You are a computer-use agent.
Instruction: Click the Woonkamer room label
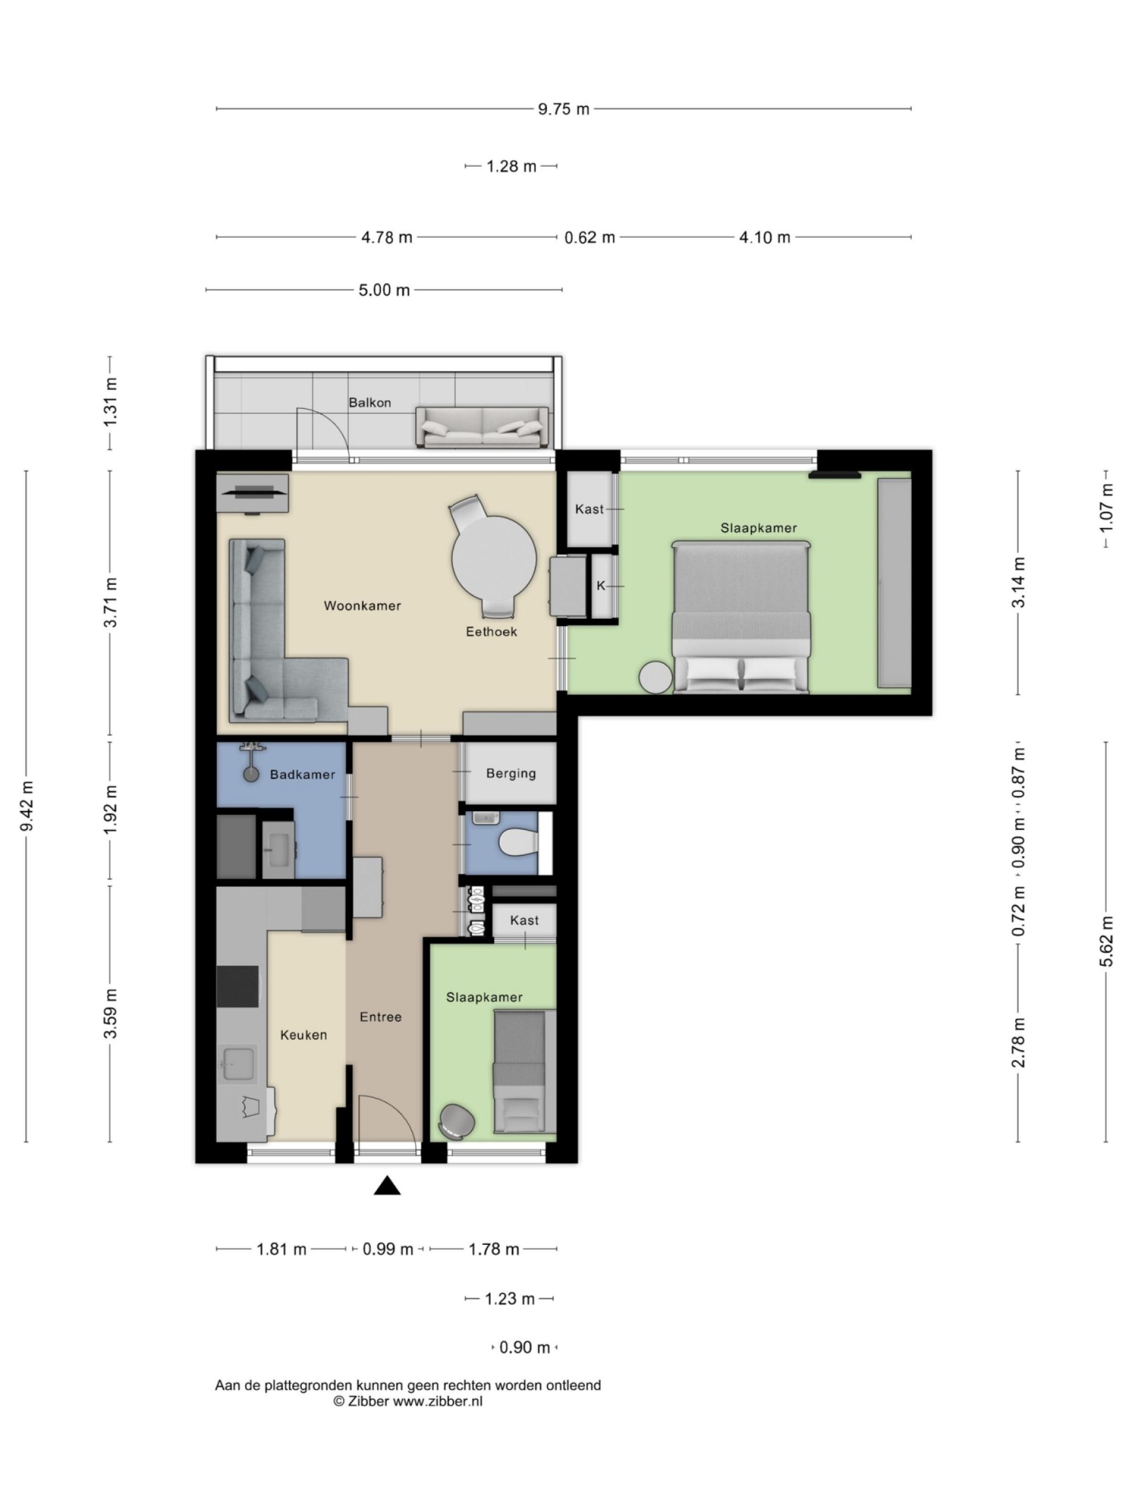point(362,605)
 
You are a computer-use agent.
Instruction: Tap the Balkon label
point(370,402)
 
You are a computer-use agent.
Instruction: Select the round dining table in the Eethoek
point(494,557)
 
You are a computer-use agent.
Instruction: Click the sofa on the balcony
point(482,428)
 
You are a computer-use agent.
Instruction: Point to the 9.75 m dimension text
point(563,109)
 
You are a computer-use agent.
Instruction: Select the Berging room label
point(511,773)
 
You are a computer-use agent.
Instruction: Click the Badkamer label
point(302,775)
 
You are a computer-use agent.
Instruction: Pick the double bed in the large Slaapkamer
point(741,618)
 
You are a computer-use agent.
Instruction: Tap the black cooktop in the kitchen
point(237,986)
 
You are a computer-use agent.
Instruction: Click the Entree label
point(380,1017)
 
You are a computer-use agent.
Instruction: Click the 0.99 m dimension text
point(388,1249)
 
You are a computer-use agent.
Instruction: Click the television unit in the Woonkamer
point(253,492)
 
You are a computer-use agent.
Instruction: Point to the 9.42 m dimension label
point(27,807)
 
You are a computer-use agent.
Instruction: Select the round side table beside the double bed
point(655,677)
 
